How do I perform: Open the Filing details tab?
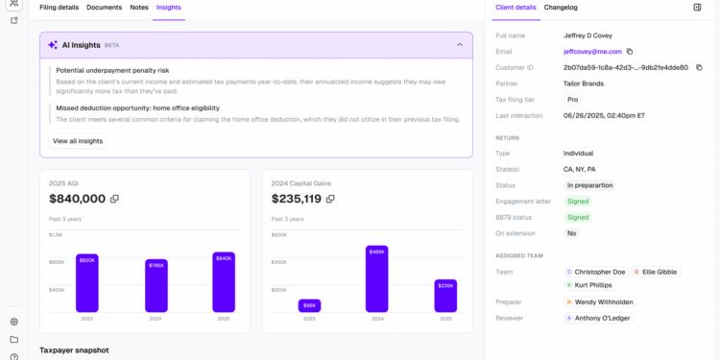[x=59, y=8]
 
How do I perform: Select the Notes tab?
[x=139, y=8]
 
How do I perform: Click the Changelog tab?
[x=561, y=8]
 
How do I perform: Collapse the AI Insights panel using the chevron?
[x=459, y=44]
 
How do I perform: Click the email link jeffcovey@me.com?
[x=591, y=51]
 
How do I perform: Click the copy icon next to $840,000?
[x=114, y=199]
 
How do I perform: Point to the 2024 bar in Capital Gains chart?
[x=376, y=278]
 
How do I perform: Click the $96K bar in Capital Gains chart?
[x=309, y=304]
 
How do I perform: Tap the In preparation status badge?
[x=589, y=185]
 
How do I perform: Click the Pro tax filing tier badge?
[x=572, y=100]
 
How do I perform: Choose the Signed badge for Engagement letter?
[x=578, y=202]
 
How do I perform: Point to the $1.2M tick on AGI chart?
[x=56, y=235]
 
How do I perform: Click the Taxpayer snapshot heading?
[x=74, y=350]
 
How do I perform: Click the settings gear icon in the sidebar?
[x=13, y=322]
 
